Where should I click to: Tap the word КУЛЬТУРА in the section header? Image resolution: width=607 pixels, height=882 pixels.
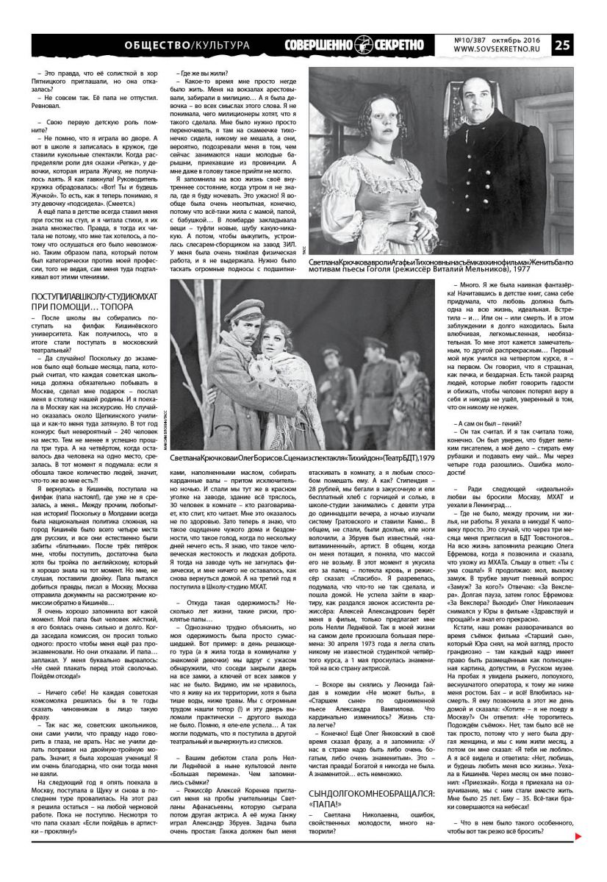[220, 46]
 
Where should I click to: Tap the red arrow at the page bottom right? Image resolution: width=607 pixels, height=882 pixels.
[578, 857]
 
